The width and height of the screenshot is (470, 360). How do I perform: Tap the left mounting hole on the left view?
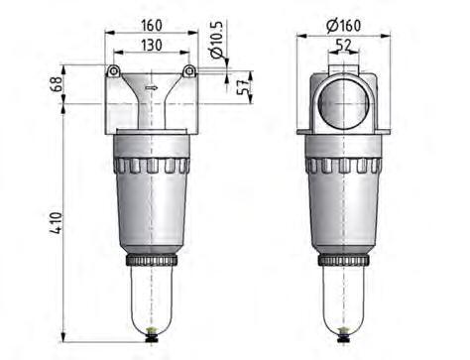[114, 70]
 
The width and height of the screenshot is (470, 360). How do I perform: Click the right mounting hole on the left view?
[189, 70]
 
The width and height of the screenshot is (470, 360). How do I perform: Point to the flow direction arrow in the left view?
[151, 87]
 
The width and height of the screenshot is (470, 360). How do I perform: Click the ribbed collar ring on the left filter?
[151, 165]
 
